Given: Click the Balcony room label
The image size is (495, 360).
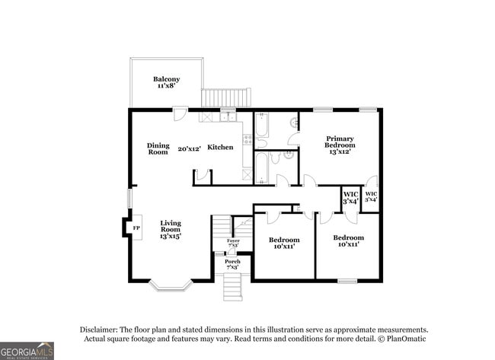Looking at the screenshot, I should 166,79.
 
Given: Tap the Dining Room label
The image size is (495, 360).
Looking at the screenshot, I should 158,148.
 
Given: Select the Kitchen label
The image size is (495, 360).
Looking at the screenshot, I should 220,148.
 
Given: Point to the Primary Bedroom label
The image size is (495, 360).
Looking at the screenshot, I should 340,141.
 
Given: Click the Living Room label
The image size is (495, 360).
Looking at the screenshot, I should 170,226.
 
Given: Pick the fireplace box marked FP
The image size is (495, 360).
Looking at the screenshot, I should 136,228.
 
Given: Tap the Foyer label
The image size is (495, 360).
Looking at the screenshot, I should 232,241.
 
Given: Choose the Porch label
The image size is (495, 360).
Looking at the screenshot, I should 232,262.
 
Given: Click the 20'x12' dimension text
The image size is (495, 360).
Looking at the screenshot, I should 189,149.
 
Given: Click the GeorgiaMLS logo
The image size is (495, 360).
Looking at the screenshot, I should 27,350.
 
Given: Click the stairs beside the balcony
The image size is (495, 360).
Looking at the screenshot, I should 225,98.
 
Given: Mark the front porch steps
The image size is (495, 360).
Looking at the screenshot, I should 232,288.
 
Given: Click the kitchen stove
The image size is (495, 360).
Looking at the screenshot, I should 247,139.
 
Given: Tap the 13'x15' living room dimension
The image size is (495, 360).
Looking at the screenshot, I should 170,237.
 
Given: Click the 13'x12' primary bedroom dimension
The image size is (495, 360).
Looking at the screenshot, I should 339,151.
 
